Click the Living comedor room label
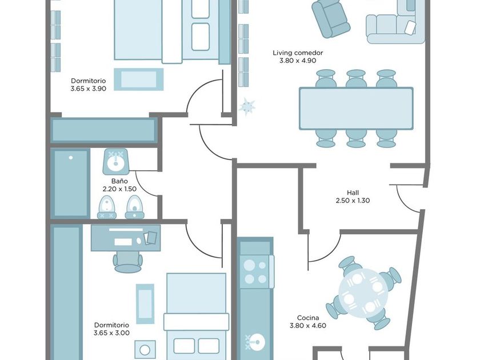[298, 53]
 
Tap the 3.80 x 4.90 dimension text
[298, 61]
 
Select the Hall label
[353, 193]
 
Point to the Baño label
[119, 181]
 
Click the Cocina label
[308, 318]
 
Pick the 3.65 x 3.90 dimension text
[88, 89]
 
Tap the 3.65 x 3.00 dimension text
[111, 333]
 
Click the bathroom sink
[115, 161]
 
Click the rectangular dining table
[356, 109]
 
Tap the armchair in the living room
[331, 18]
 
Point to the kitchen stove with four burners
[255, 272]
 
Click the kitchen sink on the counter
[255, 342]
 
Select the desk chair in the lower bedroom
[127, 262]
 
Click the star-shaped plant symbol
[247, 106]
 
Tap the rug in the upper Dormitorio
[139, 79]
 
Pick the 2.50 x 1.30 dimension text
[353, 201]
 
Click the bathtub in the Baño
[70, 183]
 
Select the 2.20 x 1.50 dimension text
[119, 189]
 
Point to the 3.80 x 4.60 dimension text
[308, 326]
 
